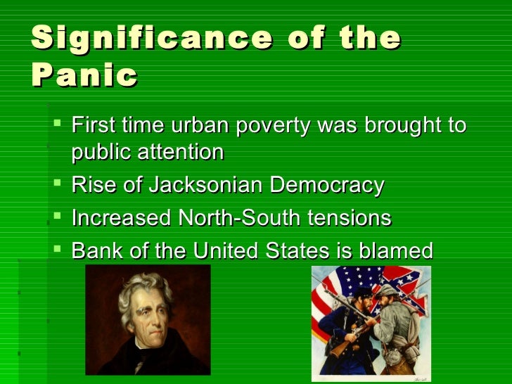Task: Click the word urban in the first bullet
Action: point(203,127)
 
